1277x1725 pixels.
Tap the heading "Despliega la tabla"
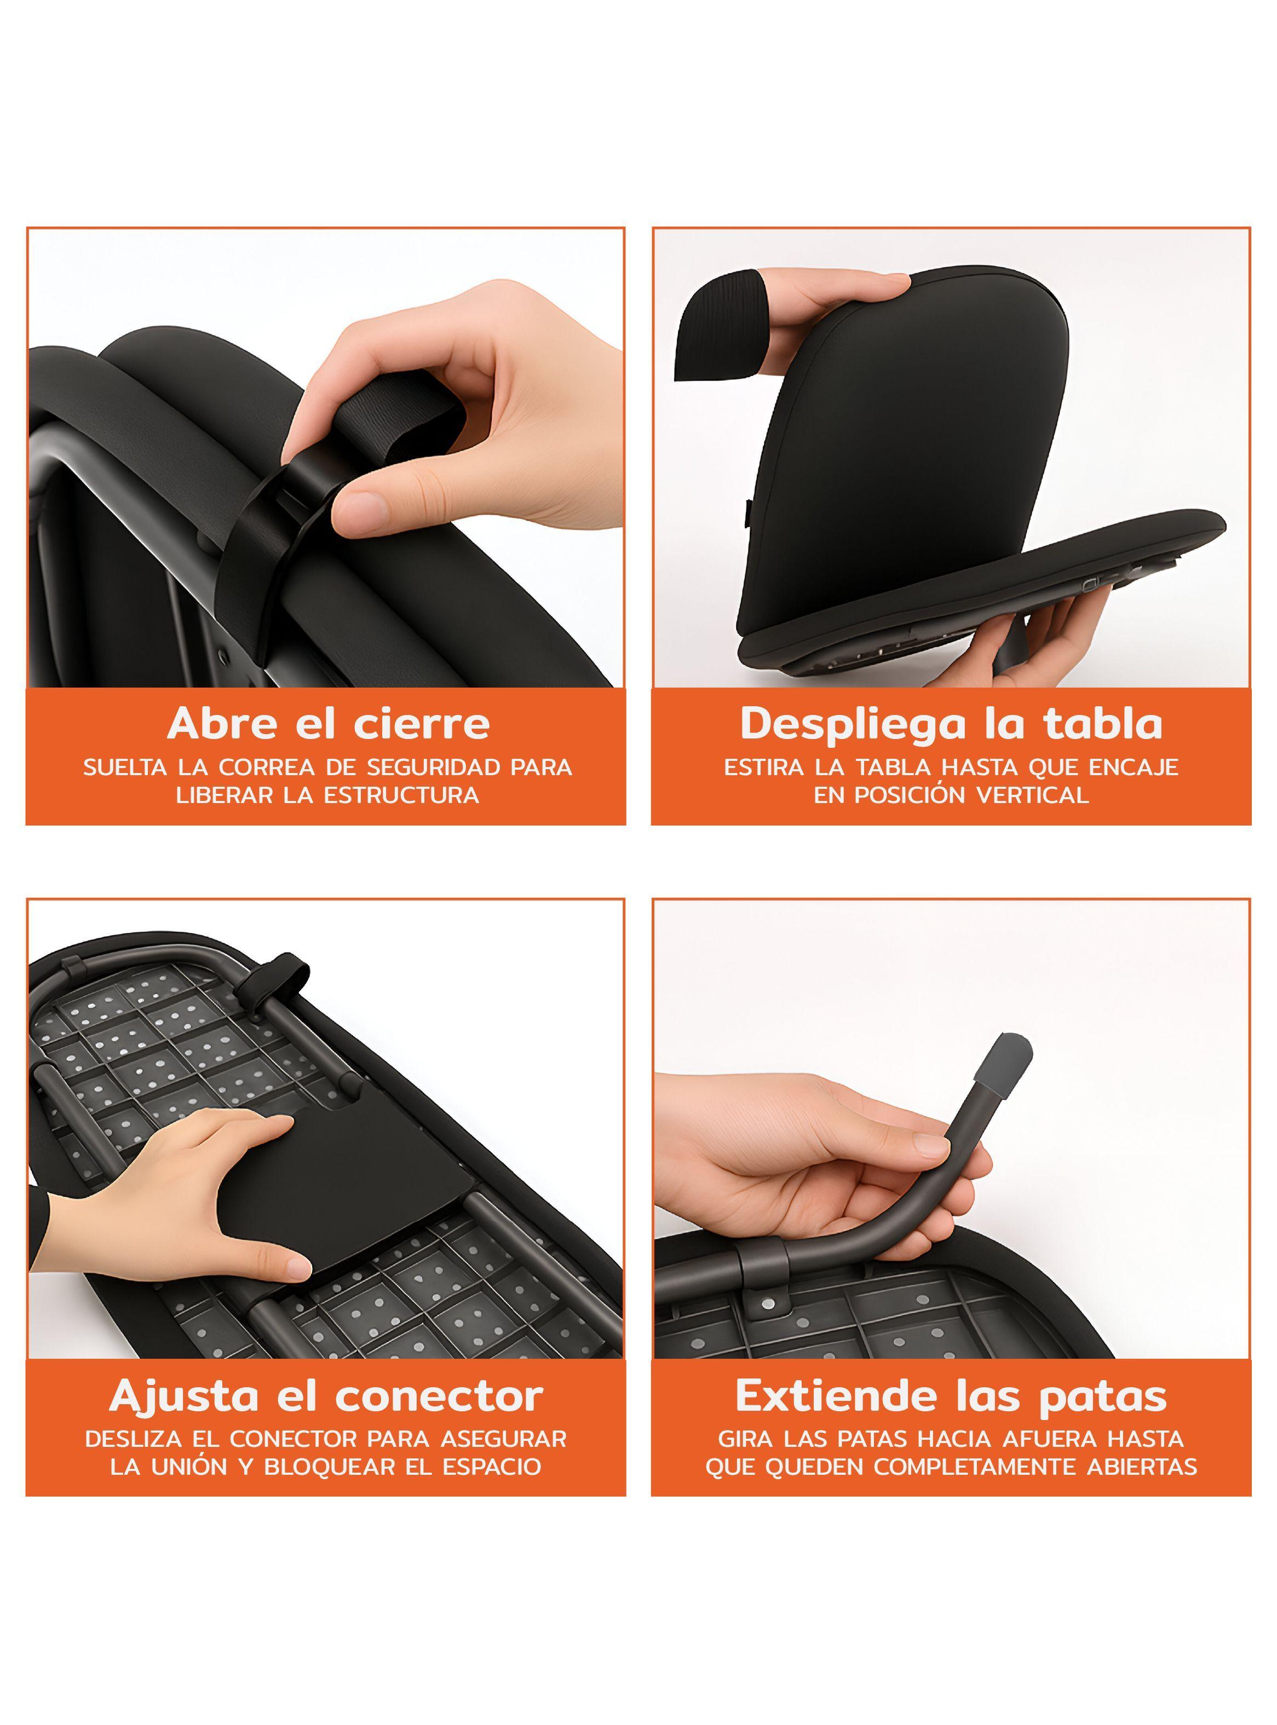[x=952, y=724]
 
